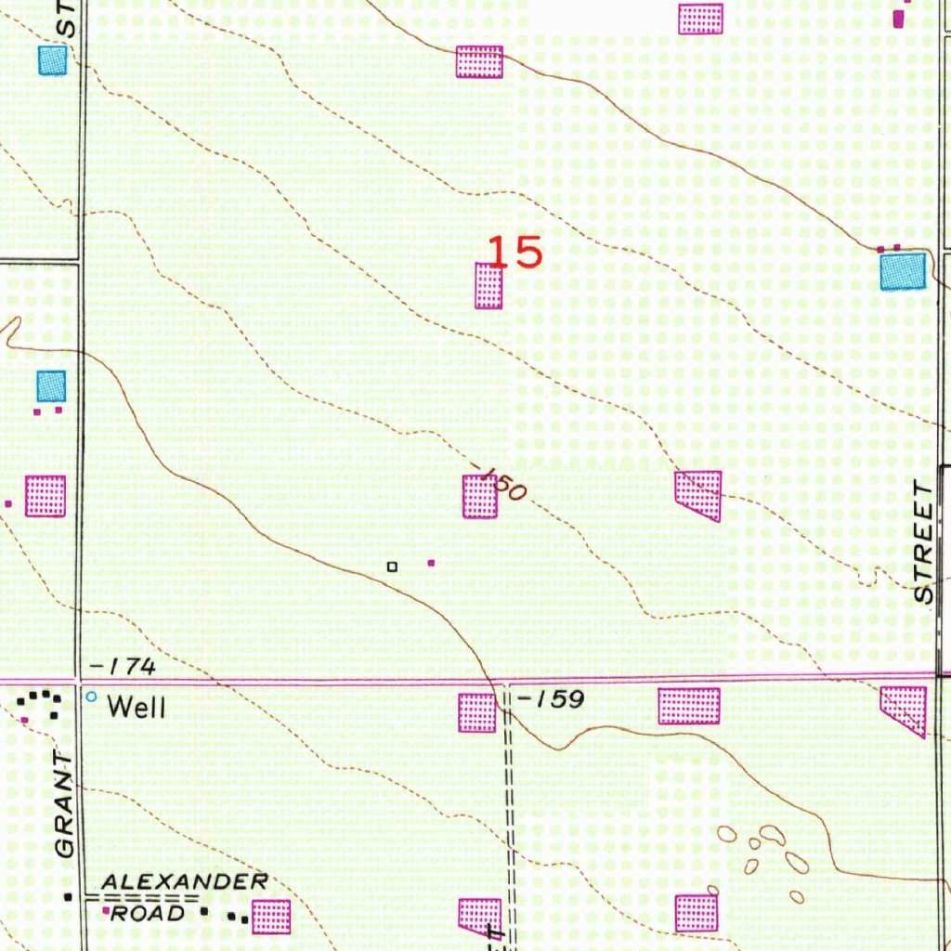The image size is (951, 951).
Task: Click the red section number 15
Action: coord(515,252)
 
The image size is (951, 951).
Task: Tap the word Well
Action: coord(137,707)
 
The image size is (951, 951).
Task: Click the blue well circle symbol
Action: coord(91,697)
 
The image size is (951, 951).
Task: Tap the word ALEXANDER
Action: coord(185,880)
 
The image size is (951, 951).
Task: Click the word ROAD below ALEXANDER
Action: coord(144,913)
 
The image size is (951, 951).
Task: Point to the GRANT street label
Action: coord(63,804)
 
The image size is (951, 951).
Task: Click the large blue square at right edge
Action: coord(903,271)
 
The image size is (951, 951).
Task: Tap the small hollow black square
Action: coord(392,566)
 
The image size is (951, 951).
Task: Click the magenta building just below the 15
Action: coord(489,286)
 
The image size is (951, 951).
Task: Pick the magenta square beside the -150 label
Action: coord(480,497)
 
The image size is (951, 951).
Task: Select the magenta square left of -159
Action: coord(477,712)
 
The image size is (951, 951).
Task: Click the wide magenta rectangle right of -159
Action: coord(689,706)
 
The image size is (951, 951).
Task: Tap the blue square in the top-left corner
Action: coord(53,60)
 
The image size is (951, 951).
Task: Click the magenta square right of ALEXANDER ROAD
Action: coord(271,917)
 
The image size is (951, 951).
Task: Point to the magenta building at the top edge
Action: coord(700,19)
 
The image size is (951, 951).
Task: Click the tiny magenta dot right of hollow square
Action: coord(430,562)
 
